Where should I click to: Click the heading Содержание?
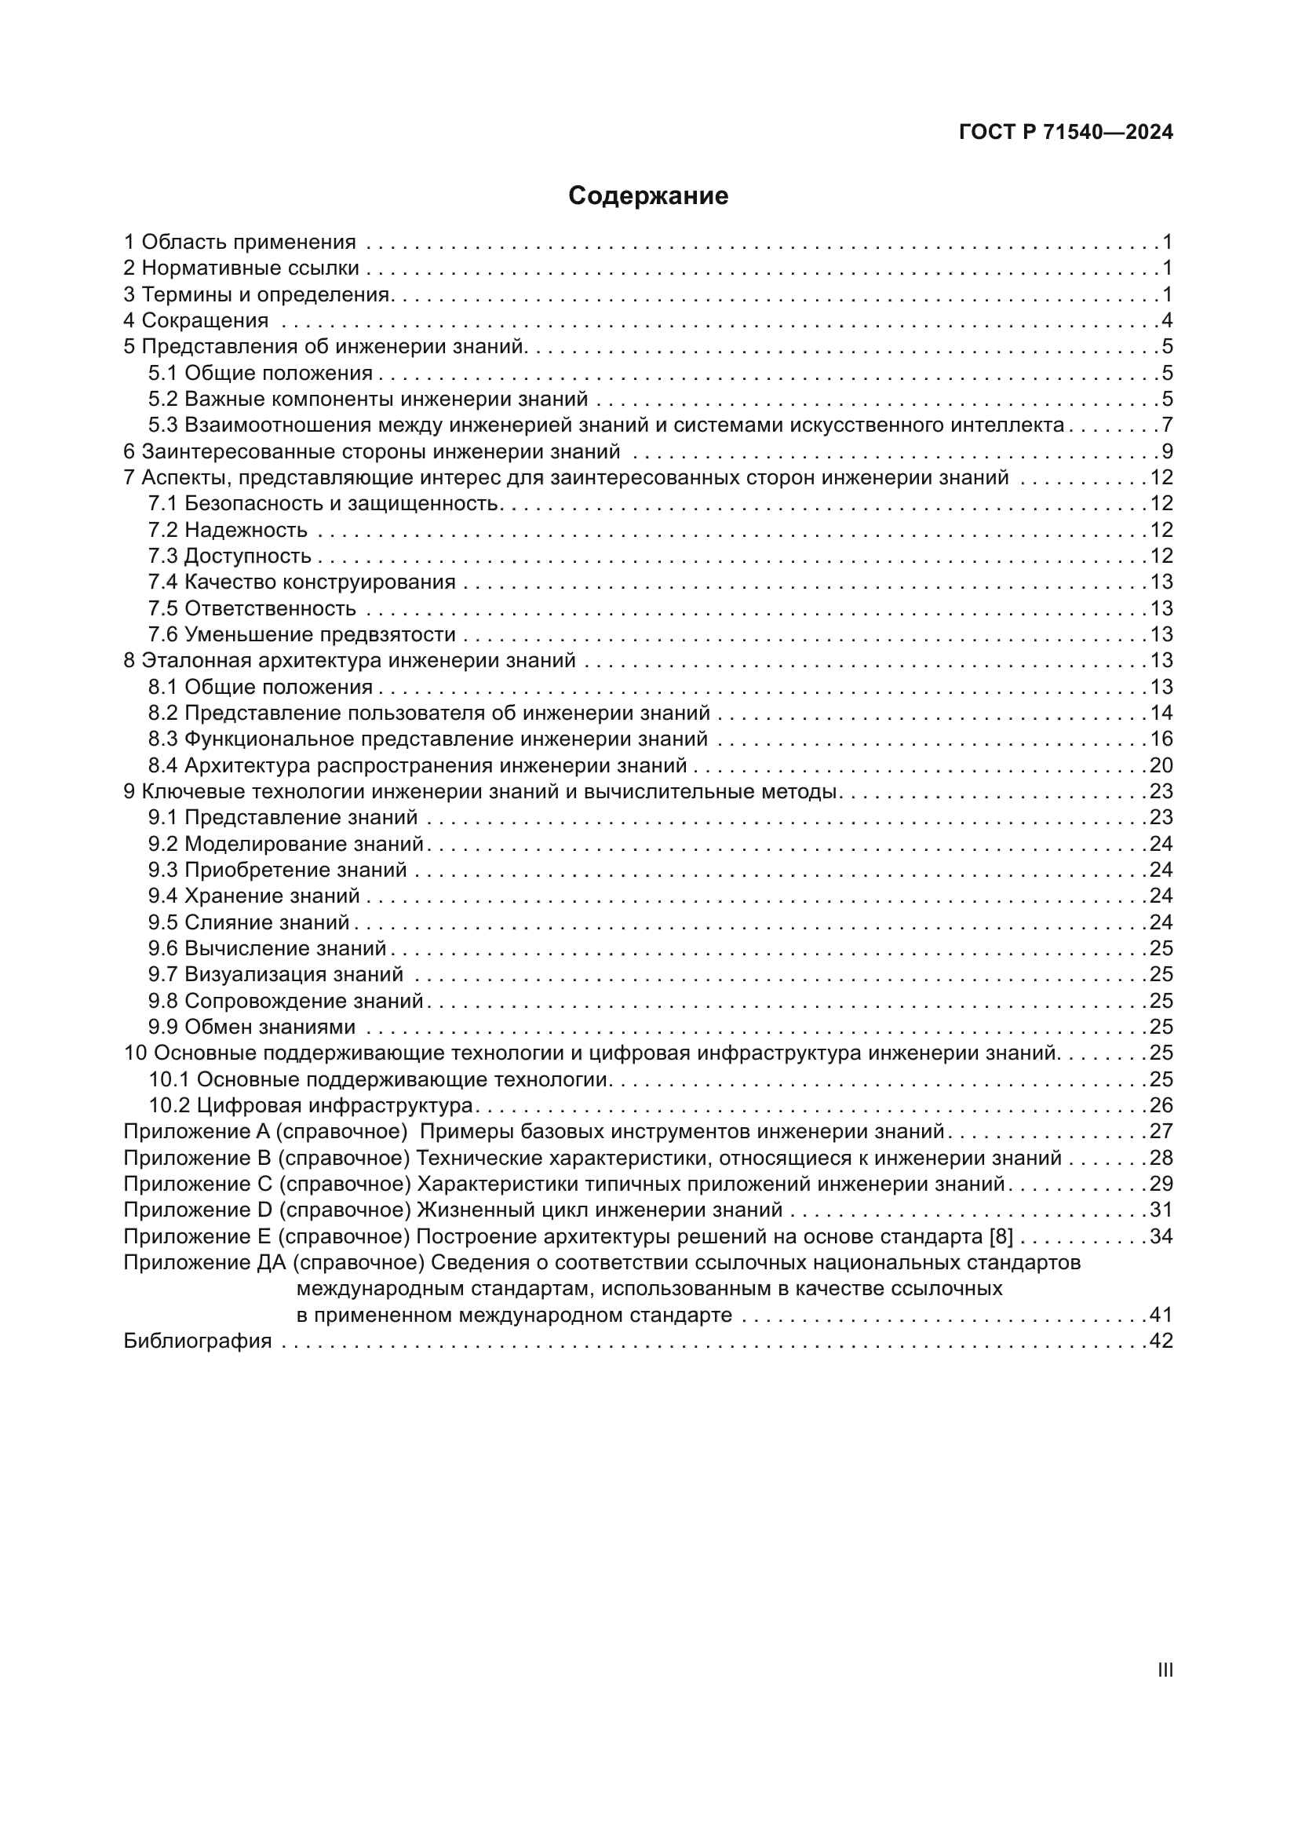click(x=648, y=196)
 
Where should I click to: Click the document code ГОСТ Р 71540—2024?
click(x=1066, y=132)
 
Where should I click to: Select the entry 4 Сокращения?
click(x=196, y=321)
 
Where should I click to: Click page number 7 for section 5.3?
click(x=1167, y=425)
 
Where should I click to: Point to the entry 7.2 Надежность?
click(x=228, y=529)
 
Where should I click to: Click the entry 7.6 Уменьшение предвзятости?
click(x=302, y=634)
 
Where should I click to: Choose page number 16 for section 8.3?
click(x=1161, y=739)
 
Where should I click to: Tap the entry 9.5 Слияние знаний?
click(x=250, y=922)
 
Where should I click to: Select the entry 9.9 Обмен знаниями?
click(x=252, y=1027)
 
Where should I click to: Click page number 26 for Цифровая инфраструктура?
click(x=1161, y=1105)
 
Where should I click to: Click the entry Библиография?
click(x=198, y=1341)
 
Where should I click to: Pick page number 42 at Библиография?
click(x=1161, y=1341)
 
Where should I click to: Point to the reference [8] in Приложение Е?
click(x=1001, y=1236)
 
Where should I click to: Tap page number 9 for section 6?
click(x=1167, y=452)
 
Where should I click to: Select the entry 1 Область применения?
click(x=240, y=243)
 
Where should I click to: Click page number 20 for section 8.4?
click(x=1161, y=765)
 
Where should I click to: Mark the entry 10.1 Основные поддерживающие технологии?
click(x=380, y=1079)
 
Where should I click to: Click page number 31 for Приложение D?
click(x=1161, y=1210)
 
